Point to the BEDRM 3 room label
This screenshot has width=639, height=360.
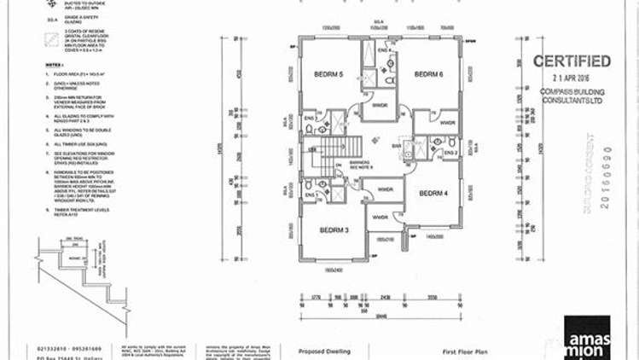(334, 230)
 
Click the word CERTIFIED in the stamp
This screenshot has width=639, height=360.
(571, 61)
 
